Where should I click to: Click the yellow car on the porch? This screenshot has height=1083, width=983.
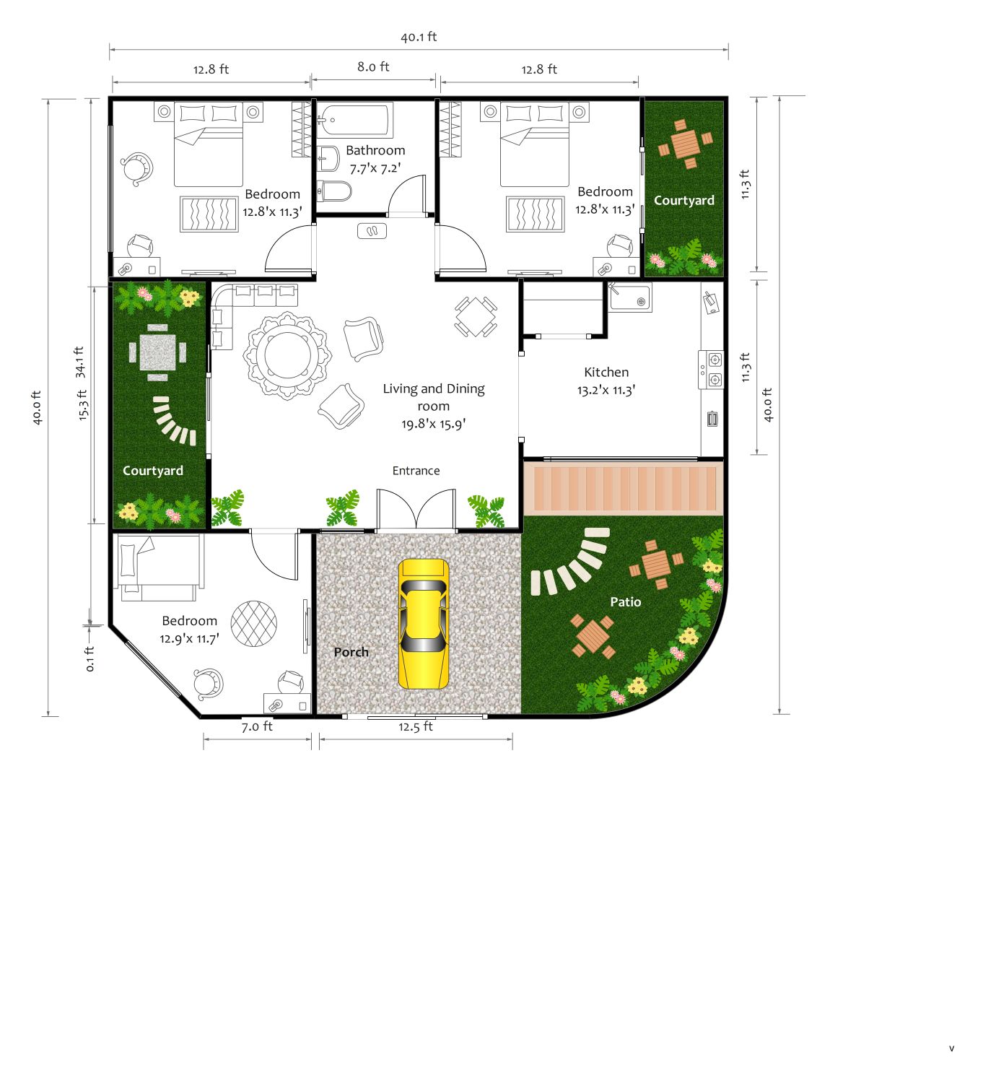tap(423, 624)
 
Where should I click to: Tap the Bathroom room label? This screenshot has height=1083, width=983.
tap(375, 150)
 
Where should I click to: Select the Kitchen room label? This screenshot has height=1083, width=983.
tap(606, 372)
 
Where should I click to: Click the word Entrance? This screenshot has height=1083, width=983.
tap(416, 471)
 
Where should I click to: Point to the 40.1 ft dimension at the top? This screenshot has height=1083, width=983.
tap(419, 37)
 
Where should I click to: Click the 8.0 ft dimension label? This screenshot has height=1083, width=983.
tap(373, 66)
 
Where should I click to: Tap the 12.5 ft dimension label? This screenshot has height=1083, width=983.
tap(416, 726)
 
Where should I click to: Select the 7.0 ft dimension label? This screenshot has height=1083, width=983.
tap(257, 726)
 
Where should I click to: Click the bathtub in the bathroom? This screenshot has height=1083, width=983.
tap(354, 120)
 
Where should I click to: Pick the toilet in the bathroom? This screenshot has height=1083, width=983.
tap(333, 191)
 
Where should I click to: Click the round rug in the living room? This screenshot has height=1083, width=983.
tap(287, 356)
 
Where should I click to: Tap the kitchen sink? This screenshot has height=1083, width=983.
tap(630, 297)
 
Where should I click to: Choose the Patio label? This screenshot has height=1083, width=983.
tap(626, 602)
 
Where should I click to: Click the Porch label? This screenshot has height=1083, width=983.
tap(351, 652)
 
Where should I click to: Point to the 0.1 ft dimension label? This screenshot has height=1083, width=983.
tap(90, 658)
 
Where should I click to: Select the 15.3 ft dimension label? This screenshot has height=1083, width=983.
tap(82, 405)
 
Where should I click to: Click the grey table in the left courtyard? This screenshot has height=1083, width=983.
tap(157, 352)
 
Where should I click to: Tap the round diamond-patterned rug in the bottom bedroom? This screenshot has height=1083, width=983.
tap(254, 624)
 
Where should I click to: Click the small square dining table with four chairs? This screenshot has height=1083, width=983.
tap(476, 316)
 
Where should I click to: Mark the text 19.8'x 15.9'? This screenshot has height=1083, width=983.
tap(434, 424)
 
